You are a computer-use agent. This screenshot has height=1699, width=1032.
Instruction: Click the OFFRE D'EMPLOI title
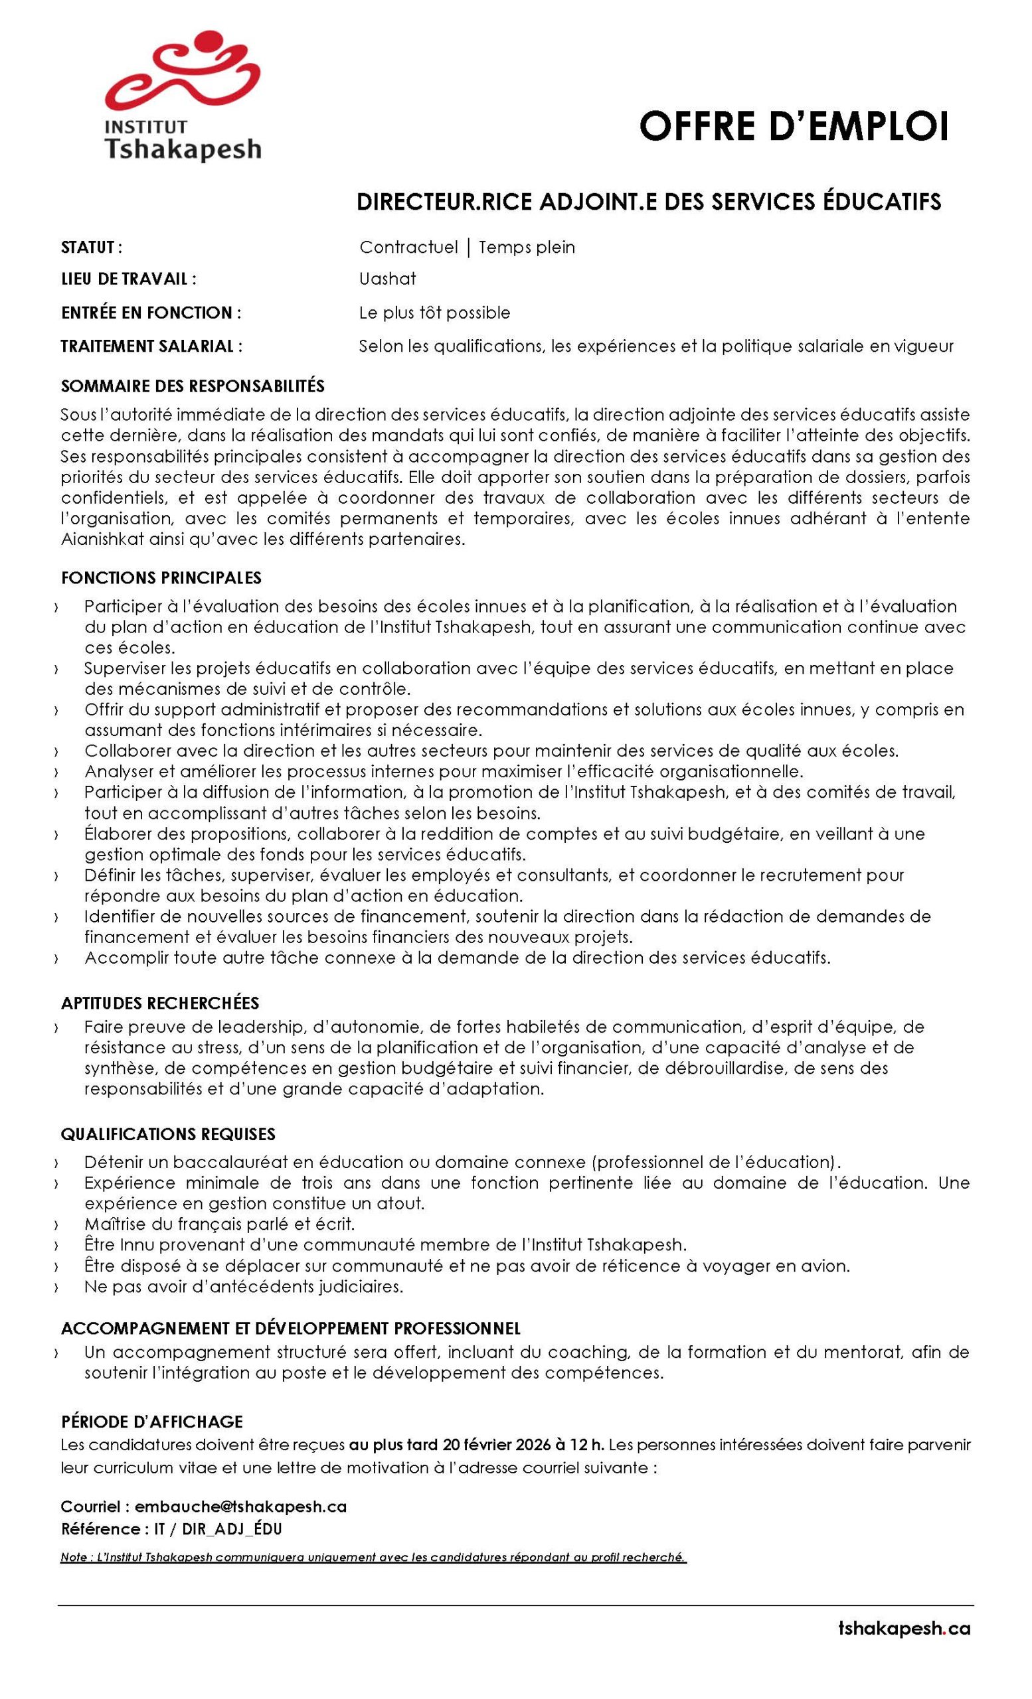[794, 126]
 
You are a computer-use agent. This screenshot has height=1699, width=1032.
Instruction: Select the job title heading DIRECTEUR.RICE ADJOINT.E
[648, 201]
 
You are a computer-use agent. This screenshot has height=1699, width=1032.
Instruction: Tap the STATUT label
[92, 247]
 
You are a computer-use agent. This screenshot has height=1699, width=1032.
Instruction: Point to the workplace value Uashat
[387, 279]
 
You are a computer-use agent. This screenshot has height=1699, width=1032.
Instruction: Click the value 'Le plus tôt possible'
[434, 313]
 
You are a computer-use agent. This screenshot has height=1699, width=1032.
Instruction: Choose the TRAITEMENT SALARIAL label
[152, 346]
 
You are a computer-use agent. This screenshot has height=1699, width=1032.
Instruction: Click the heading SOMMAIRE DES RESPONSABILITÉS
[193, 386]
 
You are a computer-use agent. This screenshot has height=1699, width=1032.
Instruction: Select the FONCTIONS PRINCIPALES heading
[161, 577]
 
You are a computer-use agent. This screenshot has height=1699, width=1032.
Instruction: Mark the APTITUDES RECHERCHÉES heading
[160, 1003]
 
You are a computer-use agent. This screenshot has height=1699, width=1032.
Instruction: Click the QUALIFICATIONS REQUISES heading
[168, 1134]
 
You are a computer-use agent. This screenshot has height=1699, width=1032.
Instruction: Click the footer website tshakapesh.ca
[904, 1643]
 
